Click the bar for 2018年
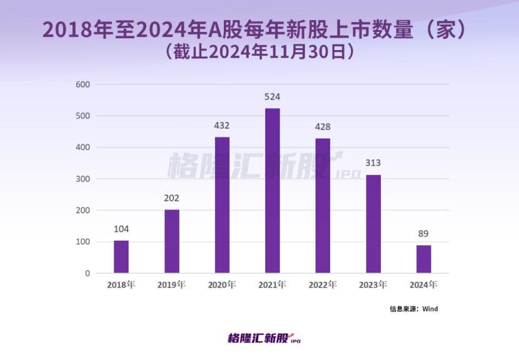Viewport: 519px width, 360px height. (x=121, y=257)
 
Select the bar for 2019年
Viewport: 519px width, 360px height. (x=172, y=241)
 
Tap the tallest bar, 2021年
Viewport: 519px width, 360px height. (x=273, y=191)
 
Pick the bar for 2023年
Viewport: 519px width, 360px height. (x=373, y=224)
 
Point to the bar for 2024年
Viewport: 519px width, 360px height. (x=424, y=259)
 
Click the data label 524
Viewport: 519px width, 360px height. (x=273, y=97)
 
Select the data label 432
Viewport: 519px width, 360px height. (x=222, y=126)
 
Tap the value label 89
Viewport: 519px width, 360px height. (x=424, y=234)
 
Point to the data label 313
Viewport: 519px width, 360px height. (x=373, y=163)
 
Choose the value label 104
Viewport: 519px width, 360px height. (x=121, y=229)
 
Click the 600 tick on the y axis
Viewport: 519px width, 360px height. (x=83, y=84)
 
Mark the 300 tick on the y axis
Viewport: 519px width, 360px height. (x=83, y=179)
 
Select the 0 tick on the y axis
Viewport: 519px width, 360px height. (x=87, y=273)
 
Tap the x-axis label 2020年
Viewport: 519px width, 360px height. (x=222, y=285)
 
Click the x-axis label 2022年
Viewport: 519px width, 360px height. (x=323, y=285)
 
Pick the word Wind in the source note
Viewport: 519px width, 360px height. (x=430, y=309)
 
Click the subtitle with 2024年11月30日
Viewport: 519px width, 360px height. (x=260, y=52)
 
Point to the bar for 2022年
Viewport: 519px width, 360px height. (x=323, y=206)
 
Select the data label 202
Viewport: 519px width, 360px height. (x=172, y=198)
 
